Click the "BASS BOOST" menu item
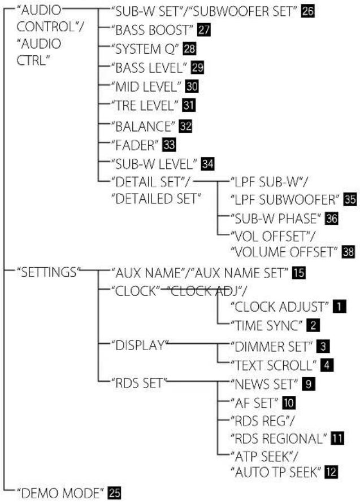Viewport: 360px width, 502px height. pos(151,30)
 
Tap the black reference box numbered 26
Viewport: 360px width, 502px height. pos(308,11)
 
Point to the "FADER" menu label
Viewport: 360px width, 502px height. pos(135,146)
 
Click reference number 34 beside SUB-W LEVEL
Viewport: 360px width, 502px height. pos(207,164)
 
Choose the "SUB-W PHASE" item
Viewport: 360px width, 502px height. pos(275,219)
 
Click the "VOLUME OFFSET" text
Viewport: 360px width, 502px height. pos(284,252)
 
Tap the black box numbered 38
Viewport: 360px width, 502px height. pos(348,252)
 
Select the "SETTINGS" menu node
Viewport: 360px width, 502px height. pos(49,272)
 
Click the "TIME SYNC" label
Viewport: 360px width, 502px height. pos(267,326)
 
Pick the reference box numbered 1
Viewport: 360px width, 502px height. pos(340,307)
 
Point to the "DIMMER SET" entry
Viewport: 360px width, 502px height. pos(271,346)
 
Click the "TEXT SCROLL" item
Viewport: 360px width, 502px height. pos(273,365)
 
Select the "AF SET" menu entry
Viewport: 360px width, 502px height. pos(254,403)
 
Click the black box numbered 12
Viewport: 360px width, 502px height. pos(331,472)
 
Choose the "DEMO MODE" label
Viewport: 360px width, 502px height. pos(61,493)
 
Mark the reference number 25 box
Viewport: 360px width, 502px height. pos(115,493)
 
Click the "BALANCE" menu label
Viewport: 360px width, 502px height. pos(143,126)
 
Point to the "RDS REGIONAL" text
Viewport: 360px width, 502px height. pos(279,438)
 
